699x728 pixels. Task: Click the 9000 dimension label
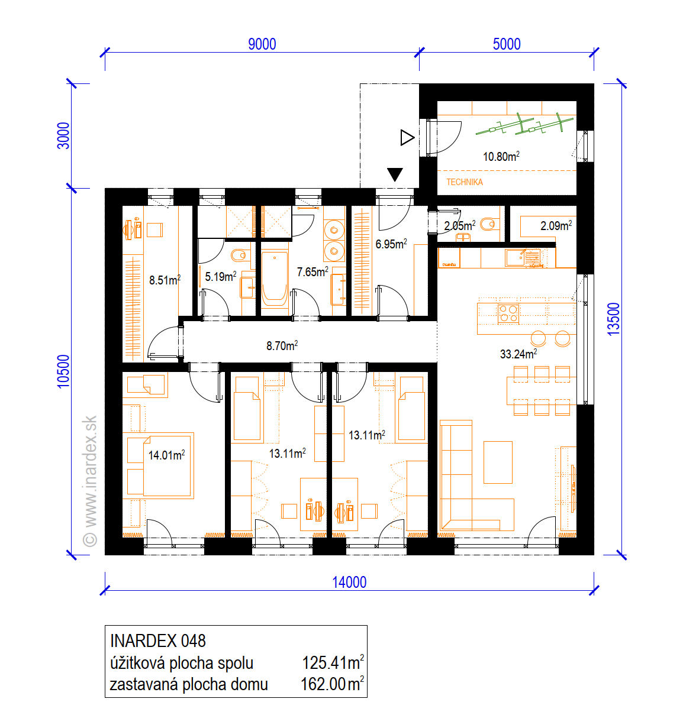(262, 44)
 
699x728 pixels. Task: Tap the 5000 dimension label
(506, 44)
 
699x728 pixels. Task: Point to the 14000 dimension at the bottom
(349, 582)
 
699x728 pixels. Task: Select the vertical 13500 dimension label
(613, 319)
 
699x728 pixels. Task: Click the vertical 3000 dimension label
(63, 135)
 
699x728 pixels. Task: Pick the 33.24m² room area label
(518, 354)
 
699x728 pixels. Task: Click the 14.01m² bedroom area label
(166, 455)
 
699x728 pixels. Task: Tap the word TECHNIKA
(464, 182)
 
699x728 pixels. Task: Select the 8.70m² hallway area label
(282, 345)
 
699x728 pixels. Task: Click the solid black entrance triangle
(395, 174)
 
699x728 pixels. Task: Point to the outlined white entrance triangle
(407, 137)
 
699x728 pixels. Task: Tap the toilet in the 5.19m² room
(240, 255)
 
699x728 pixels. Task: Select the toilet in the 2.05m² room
(489, 224)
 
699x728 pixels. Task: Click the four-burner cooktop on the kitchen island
(508, 313)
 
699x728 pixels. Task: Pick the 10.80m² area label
(501, 156)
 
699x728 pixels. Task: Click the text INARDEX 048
(157, 641)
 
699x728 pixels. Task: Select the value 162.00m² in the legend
(332, 684)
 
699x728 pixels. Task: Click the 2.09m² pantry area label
(556, 225)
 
